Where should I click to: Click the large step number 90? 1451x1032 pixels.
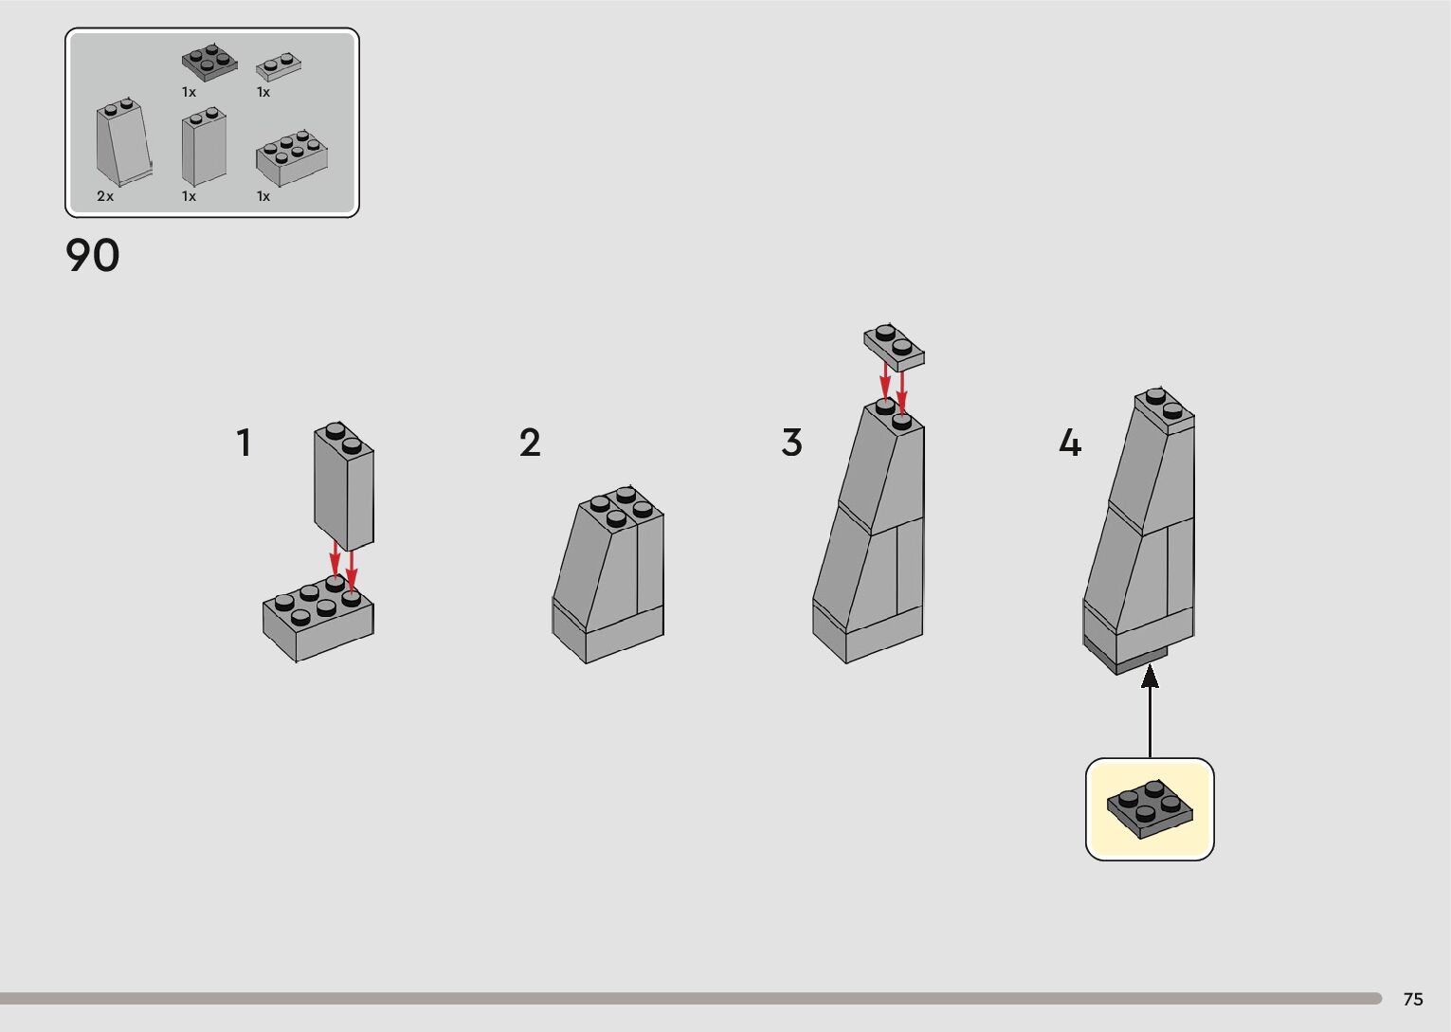pos(93,255)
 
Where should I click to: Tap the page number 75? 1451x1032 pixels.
pos(1413,999)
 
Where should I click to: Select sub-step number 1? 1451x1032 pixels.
pos(244,444)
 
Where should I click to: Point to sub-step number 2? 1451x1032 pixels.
pos(530,444)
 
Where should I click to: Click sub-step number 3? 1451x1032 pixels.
pos(791,444)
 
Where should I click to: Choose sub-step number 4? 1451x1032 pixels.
pos(1070,444)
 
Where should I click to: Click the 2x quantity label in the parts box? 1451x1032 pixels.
pos(105,196)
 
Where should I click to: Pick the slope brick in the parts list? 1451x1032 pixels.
pos(124,142)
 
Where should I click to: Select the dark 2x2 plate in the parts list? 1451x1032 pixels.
pos(209,63)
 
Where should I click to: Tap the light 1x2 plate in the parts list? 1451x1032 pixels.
pos(279,66)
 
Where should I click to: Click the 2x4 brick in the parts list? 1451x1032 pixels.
pos(292,158)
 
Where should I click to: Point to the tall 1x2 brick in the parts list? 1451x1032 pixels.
pos(204,147)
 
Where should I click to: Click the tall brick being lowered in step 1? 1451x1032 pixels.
pos(344,486)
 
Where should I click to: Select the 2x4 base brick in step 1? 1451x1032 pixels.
pos(318,619)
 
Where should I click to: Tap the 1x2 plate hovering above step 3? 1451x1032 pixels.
pos(894,347)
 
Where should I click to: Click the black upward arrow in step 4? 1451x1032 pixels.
pos(1150,712)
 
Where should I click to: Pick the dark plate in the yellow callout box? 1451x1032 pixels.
pos(1150,809)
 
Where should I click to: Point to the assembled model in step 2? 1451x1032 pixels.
pos(608,574)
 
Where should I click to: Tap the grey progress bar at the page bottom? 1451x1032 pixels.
pos(691,998)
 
